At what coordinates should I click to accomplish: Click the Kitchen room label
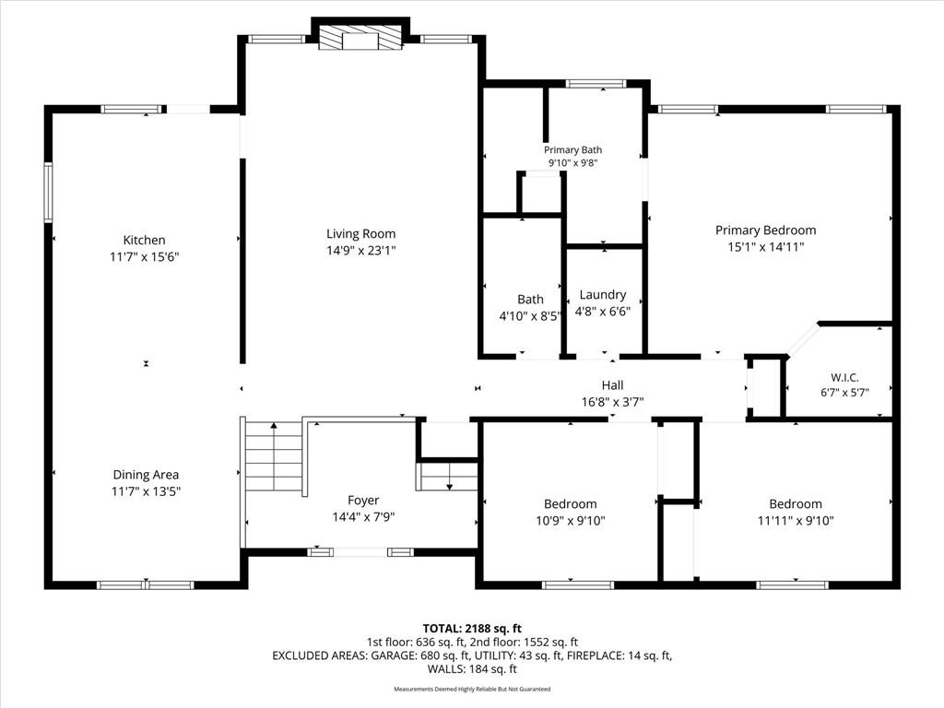click(x=144, y=241)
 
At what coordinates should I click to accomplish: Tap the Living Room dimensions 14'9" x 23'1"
click(x=361, y=251)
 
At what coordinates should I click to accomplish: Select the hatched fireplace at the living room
click(x=360, y=37)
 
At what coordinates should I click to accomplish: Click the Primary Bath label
click(x=572, y=150)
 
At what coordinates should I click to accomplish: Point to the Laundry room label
click(x=603, y=295)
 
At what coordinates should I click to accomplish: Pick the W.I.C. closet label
click(x=844, y=377)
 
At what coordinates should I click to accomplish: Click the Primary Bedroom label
click(x=766, y=230)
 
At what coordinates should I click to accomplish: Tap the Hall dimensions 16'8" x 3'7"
click(x=612, y=402)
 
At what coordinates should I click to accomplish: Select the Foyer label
click(x=363, y=501)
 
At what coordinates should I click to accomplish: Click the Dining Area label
click(x=146, y=475)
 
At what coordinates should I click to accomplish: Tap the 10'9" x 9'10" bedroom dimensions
click(x=571, y=521)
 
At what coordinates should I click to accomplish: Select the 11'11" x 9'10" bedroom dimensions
click(x=796, y=521)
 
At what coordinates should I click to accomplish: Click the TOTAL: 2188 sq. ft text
click(x=472, y=629)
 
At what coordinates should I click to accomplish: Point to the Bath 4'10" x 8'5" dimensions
click(x=530, y=316)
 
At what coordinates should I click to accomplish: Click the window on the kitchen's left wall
click(x=48, y=192)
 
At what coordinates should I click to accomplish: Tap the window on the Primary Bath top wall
click(x=596, y=84)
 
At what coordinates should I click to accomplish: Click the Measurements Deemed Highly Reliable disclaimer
click(x=472, y=690)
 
